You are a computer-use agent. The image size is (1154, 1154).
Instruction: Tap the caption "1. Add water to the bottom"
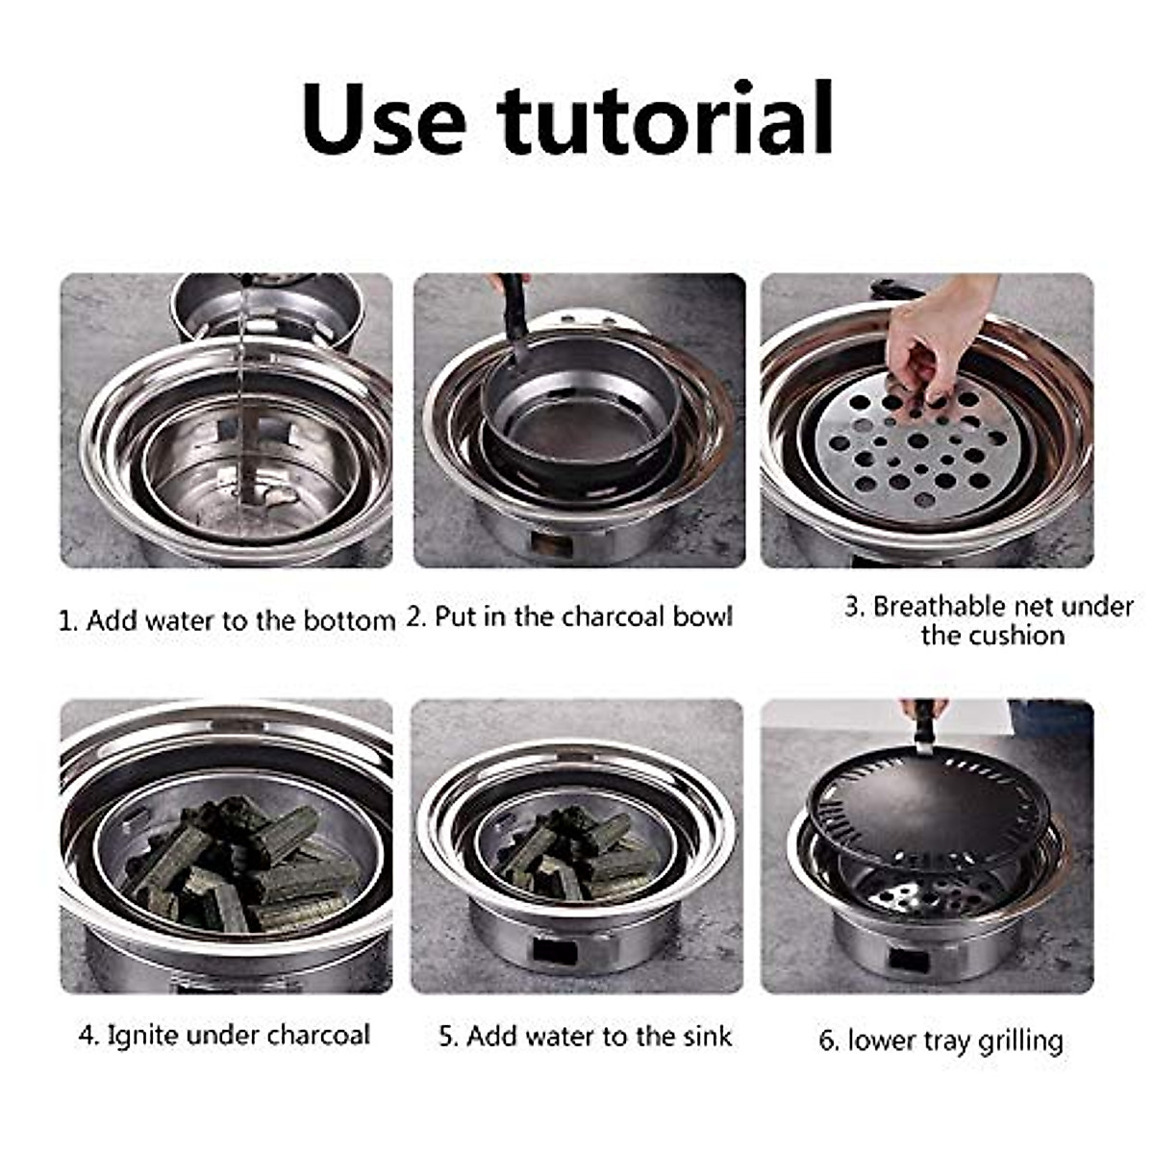(x=227, y=620)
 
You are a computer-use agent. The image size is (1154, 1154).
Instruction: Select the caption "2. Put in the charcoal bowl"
(x=570, y=616)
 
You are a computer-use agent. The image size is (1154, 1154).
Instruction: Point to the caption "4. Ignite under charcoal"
(x=224, y=1035)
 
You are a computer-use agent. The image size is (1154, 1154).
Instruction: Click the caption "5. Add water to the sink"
(x=586, y=1036)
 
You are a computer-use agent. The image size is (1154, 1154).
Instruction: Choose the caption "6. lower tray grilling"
(x=941, y=1041)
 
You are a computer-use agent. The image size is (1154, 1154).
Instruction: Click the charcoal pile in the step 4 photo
(x=240, y=865)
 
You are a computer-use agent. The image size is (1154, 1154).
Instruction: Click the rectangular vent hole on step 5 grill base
(x=555, y=952)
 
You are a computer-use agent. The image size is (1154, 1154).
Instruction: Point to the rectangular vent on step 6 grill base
(x=908, y=960)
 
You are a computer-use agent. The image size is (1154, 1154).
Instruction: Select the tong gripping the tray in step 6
(x=923, y=726)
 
